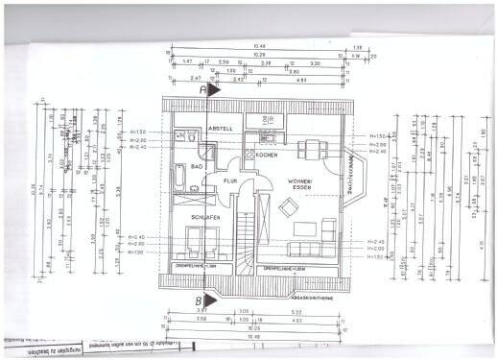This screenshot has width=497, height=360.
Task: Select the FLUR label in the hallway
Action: coord(230,180)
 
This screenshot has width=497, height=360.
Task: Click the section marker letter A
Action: coord(201,88)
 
